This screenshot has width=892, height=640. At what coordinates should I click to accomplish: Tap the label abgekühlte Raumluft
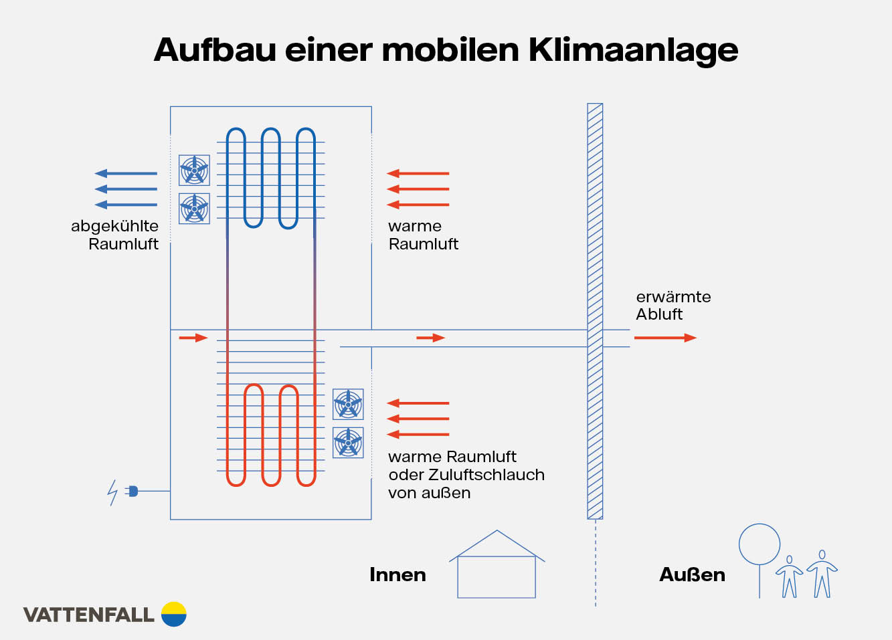pyautogui.click(x=115, y=235)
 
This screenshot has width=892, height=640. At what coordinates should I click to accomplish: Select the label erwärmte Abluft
pyautogui.click(x=673, y=306)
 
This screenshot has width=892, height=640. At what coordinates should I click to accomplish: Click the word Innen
pyautogui.click(x=397, y=574)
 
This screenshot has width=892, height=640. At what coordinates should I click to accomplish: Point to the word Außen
pyautogui.click(x=692, y=574)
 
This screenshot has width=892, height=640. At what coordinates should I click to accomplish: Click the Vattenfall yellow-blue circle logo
pyautogui.click(x=174, y=614)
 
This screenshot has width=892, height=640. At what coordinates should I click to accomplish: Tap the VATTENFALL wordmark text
pyautogui.click(x=88, y=615)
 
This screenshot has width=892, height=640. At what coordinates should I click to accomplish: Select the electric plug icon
pyautogui.click(x=132, y=492)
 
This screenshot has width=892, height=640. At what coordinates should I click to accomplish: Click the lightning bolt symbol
pyautogui.click(x=112, y=492)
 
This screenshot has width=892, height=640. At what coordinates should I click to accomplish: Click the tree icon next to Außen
pyautogui.click(x=760, y=555)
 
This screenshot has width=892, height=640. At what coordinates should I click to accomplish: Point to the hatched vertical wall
pyautogui.click(x=595, y=311)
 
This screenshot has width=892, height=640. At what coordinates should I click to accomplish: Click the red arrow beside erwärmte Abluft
pyautogui.click(x=665, y=338)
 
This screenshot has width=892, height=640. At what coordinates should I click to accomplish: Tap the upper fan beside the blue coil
pyautogui.click(x=194, y=170)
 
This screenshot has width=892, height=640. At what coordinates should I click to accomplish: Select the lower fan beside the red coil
pyautogui.click(x=348, y=443)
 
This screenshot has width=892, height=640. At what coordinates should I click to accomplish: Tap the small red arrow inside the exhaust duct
pyautogui.click(x=430, y=338)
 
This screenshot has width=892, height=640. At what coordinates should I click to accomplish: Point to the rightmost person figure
pyautogui.click(x=822, y=573)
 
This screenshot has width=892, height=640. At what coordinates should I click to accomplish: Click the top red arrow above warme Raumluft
pyautogui.click(x=418, y=173)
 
